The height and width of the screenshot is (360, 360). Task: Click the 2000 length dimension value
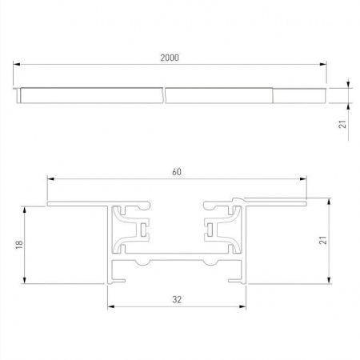coord(169,58)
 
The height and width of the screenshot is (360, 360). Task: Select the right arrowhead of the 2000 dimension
coord(323,65)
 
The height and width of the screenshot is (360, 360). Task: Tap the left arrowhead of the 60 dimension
coord(50,177)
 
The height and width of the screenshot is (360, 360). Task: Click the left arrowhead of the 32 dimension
coord(110,306)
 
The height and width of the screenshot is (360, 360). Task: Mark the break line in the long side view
coord(164,95)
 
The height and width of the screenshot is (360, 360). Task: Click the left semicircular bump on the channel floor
coord(142,262)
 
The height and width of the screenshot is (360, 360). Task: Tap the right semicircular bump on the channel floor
coord(210,262)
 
